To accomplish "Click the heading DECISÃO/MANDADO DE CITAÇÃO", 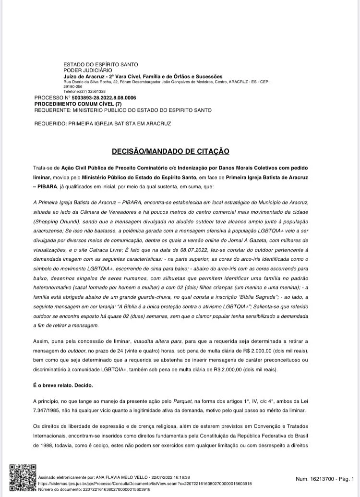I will [170, 151].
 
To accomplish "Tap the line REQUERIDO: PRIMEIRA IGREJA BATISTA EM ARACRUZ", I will [103, 123].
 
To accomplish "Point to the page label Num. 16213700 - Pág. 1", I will [325, 479].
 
